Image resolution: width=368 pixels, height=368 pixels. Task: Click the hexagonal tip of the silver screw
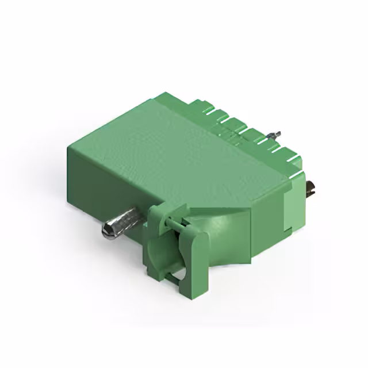pos(108,232)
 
